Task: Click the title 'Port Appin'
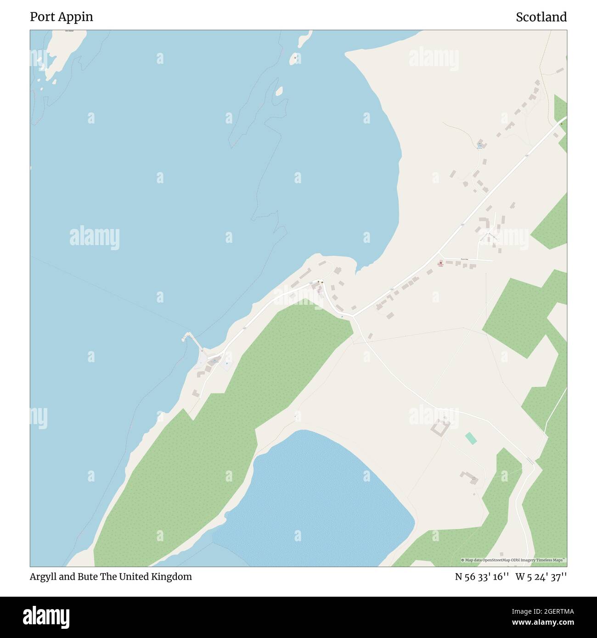tap(62, 17)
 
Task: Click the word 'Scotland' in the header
tap(541, 17)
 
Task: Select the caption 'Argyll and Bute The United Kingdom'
tap(111, 576)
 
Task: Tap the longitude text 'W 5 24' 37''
tap(541, 576)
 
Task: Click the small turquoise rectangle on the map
tap(470, 438)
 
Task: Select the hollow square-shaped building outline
tap(440, 427)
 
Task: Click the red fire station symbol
tap(440, 263)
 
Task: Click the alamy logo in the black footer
tap(46, 617)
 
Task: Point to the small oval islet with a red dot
tap(294, 58)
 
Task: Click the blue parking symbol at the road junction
tap(342, 316)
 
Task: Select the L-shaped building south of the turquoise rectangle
tap(469, 477)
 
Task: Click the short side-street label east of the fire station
tap(465, 259)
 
